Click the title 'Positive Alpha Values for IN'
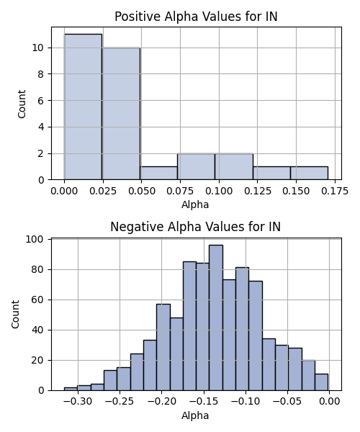tap(196, 17)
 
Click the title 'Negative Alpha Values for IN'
tap(196, 227)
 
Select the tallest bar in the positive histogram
tap(83, 107)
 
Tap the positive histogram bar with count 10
tap(121, 114)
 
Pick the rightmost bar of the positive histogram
tap(309, 173)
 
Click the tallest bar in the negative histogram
tap(216, 318)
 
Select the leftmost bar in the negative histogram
tap(71, 389)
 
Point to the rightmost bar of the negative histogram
tap(321, 382)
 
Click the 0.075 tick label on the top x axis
tap(180, 191)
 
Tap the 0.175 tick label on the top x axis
tap(335, 191)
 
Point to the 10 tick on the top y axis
tap(37, 48)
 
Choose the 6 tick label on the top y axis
tap(41, 101)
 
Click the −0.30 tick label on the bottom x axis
tap(78, 402)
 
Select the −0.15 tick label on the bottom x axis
tap(204, 402)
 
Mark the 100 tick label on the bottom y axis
tap(35, 239)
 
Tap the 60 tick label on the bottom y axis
tap(37, 300)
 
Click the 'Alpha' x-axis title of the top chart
tap(195, 204)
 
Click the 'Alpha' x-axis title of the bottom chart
tap(195, 415)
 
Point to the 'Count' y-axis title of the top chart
tap(22, 104)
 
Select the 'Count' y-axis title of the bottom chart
tap(15, 315)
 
